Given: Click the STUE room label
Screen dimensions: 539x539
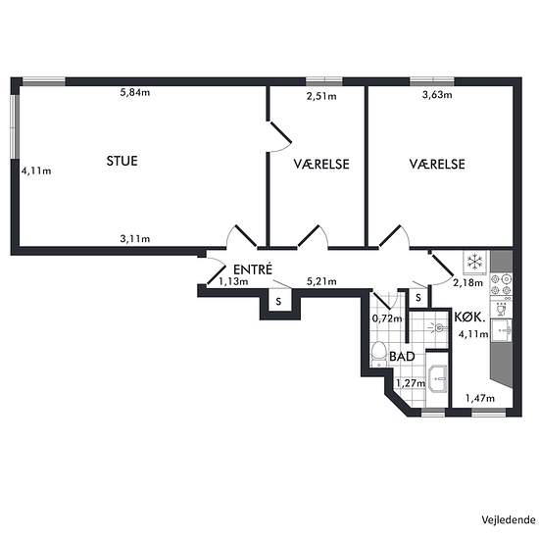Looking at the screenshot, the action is (122, 161).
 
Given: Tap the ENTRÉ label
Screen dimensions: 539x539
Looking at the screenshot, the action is (253, 269).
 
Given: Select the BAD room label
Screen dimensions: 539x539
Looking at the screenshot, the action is (402, 357).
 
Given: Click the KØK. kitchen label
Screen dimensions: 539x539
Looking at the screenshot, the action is (469, 317).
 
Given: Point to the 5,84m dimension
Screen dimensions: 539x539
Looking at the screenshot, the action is (135, 92).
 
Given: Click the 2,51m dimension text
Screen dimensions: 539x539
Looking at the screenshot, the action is (321, 96).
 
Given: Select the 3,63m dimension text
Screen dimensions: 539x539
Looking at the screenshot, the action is (437, 94).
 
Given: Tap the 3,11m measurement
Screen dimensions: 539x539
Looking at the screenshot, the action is (135, 238).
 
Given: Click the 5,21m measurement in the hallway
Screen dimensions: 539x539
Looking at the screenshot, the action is (321, 281).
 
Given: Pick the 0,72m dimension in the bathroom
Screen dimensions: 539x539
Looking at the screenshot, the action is (387, 318).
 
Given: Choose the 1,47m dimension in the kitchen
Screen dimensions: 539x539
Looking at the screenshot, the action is (480, 398).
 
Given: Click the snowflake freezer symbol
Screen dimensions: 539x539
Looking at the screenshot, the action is (474, 262).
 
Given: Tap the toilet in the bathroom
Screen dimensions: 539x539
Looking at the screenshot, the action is (378, 353).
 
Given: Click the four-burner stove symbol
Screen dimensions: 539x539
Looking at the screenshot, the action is (501, 284).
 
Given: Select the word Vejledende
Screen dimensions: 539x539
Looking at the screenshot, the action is (508, 519).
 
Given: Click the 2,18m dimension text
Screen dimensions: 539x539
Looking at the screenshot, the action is (467, 283).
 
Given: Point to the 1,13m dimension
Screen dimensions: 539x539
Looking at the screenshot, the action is (233, 281).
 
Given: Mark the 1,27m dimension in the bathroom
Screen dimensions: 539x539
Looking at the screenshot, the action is (411, 383).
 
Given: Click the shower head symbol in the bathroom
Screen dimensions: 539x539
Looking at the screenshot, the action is (438, 327).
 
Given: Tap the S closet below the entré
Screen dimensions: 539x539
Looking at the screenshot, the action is (278, 302).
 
